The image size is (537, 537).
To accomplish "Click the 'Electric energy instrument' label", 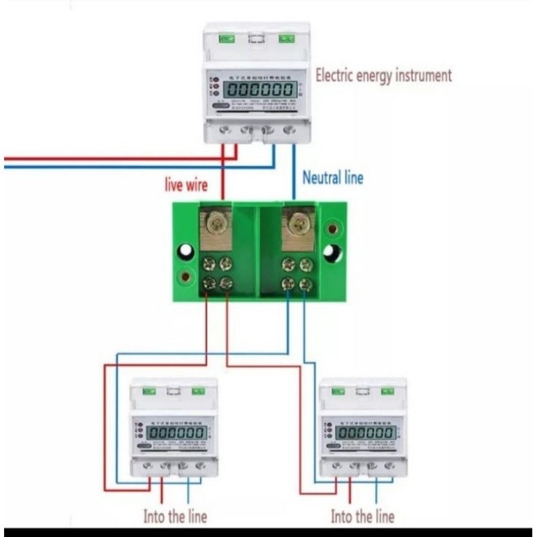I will [383, 75].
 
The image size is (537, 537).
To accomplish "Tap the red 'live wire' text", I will [187, 184].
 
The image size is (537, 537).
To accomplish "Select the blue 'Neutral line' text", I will [332, 178].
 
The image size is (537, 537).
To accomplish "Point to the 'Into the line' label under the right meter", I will [362, 516].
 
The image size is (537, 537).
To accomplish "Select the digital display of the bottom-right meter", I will [365, 433].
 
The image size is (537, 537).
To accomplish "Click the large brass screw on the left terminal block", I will [215, 224].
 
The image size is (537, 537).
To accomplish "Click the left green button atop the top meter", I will [226, 38].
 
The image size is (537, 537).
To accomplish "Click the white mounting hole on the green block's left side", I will [185, 252].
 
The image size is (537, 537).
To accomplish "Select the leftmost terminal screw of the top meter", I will [226, 130].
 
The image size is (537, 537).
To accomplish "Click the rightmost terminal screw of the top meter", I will [289, 130].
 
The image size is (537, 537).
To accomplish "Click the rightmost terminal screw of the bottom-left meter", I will [199, 465].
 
